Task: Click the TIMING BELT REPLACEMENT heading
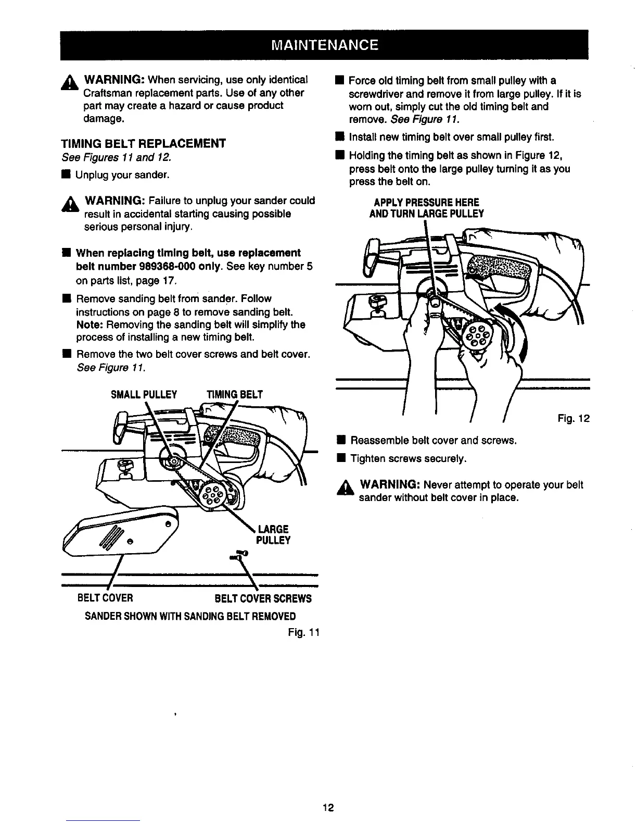pyautogui.click(x=144, y=144)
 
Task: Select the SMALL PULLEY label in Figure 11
pyautogui.click(x=144, y=394)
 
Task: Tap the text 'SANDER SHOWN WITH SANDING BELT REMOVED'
pyautogui.click(x=190, y=616)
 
